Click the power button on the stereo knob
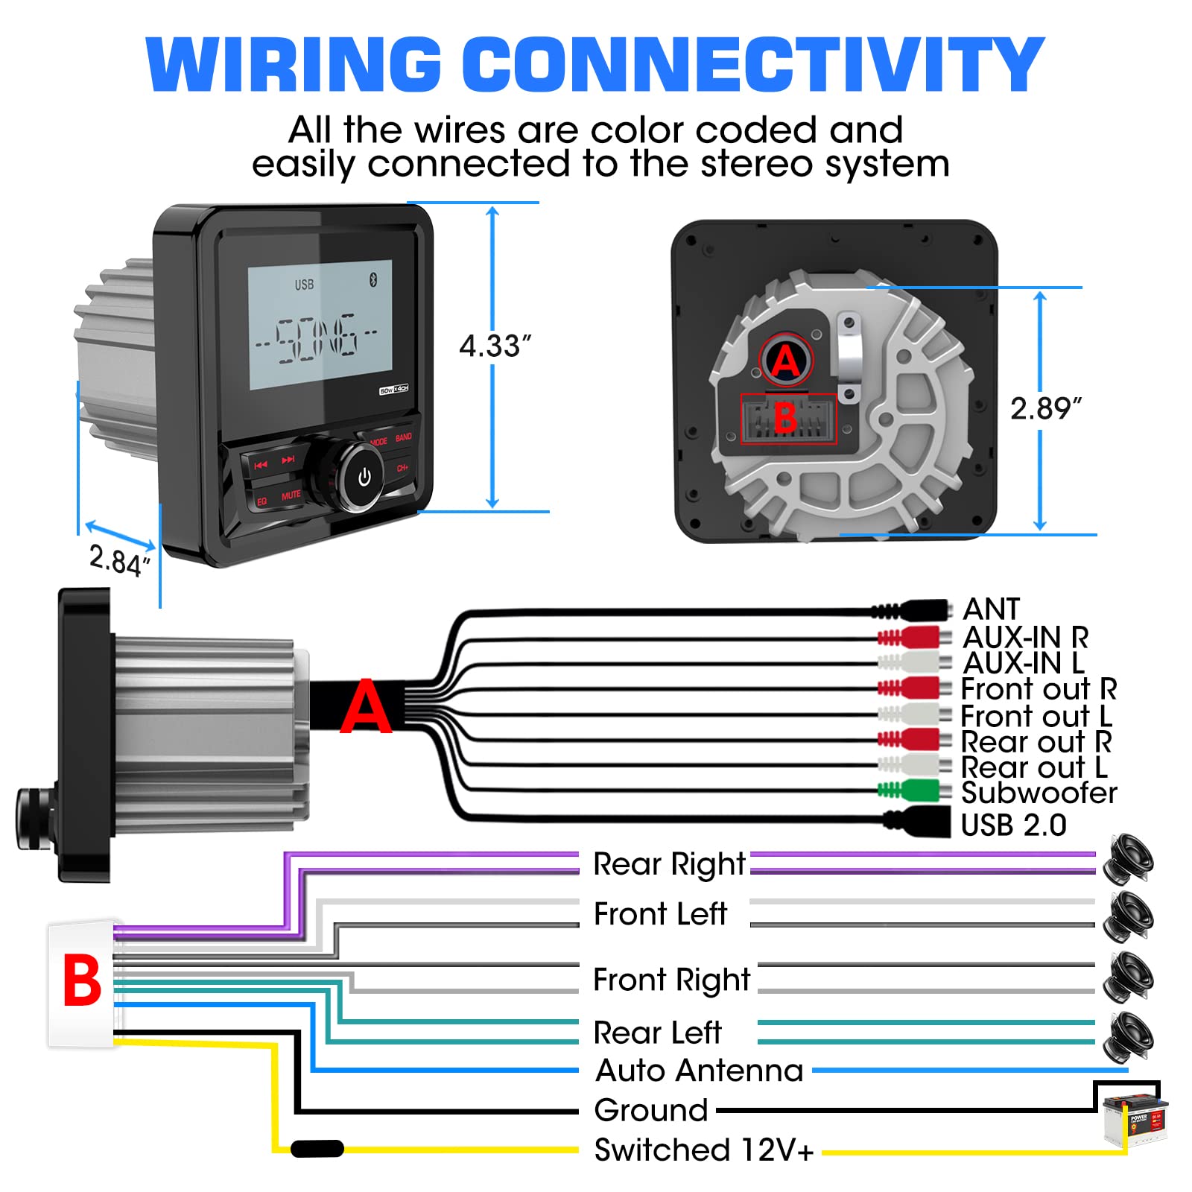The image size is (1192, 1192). [364, 477]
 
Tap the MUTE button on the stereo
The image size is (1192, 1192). [291, 495]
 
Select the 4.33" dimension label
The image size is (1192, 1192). [495, 346]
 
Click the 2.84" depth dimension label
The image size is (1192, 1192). [119, 560]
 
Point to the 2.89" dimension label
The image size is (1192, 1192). [1045, 409]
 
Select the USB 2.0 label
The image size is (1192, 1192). [1013, 825]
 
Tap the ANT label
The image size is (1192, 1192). [991, 609]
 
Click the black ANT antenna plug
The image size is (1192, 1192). [920, 611]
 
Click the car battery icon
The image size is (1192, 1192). [1135, 1118]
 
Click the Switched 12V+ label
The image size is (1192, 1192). [703, 1150]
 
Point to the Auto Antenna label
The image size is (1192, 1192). [700, 1071]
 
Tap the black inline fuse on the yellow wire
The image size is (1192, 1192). [317, 1149]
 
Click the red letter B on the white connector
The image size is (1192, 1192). [82, 980]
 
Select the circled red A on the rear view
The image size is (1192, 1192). [786, 361]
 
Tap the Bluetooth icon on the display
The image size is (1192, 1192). [374, 279]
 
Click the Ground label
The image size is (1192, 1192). [650, 1111]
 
